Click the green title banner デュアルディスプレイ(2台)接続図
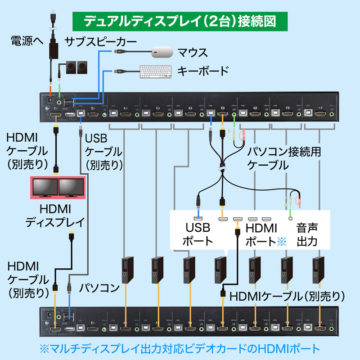pos(180,21)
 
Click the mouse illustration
pos(162,52)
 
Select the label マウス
pos(193,53)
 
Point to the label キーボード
pos(203,71)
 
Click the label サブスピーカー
pos(100,42)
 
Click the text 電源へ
pos(26,42)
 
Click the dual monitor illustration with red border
pos(57,189)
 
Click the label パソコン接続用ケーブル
pos(284,158)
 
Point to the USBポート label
pos(198,234)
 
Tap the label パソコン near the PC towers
pos(99,287)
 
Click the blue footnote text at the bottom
pos(180,348)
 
